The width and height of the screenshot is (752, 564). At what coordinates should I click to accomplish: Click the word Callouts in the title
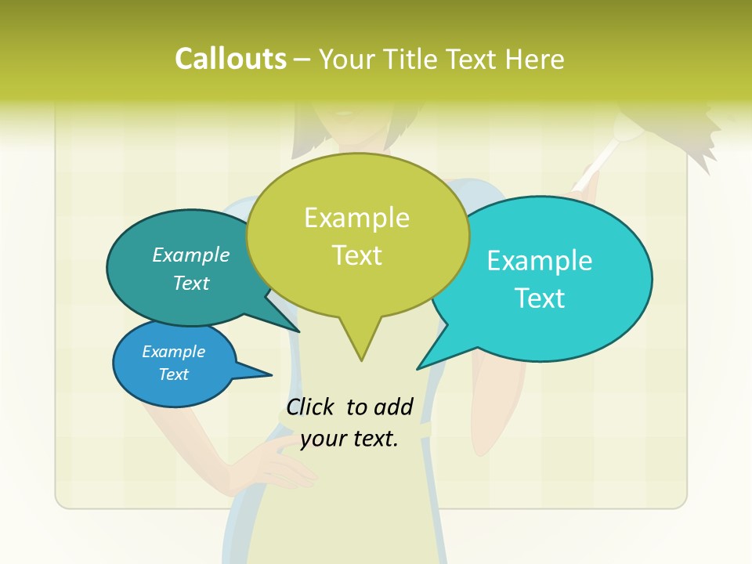[x=230, y=59]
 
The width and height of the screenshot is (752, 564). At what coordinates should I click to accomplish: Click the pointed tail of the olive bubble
[x=361, y=349]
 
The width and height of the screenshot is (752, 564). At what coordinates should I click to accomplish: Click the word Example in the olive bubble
[x=356, y=218]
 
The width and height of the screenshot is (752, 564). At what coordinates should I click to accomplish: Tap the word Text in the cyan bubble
[x=540, y=298]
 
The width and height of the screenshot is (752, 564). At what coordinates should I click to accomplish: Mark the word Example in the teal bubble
[x=191, y=255]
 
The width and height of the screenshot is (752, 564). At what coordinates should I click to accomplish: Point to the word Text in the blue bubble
[x=174, y=374]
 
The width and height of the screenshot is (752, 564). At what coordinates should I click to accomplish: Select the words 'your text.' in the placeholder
[x=349, y=439]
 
